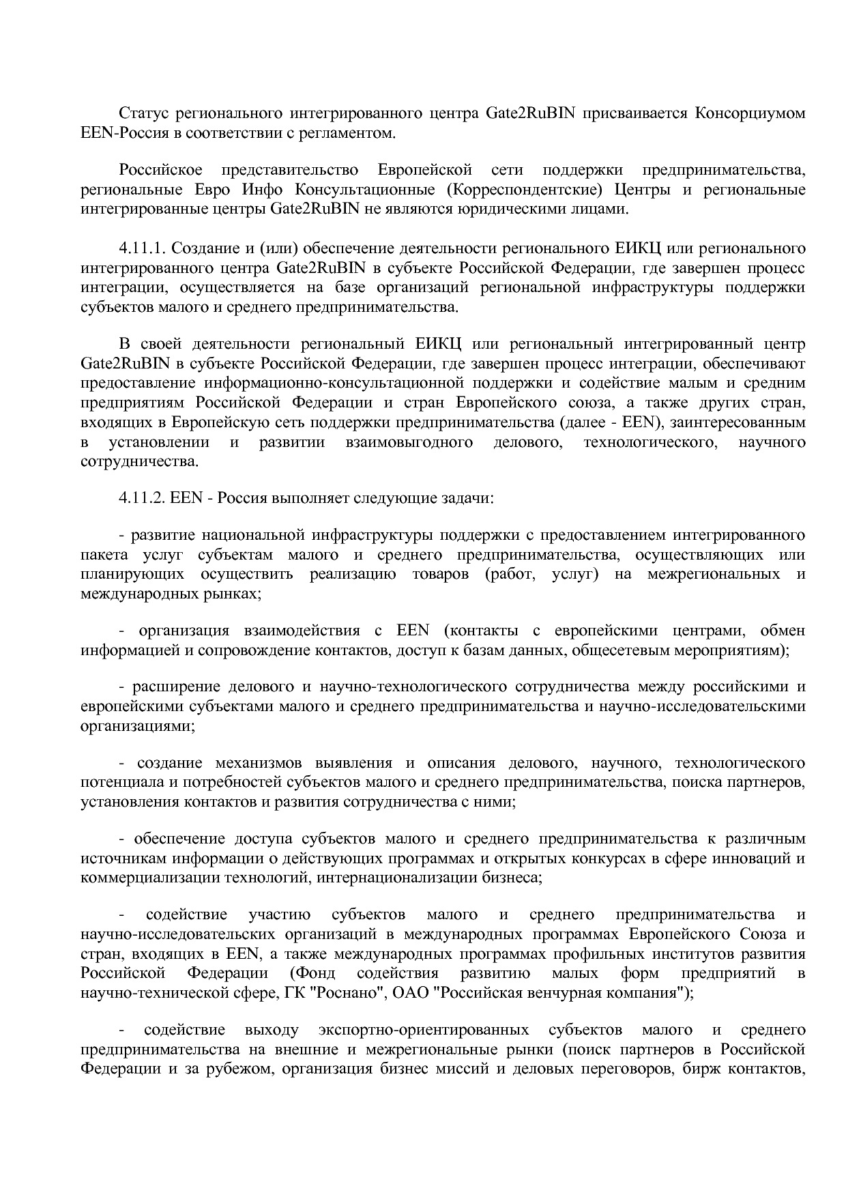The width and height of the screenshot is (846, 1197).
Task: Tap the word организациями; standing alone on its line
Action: (x=138, y=726)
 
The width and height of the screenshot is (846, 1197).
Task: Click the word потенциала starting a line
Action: (x=119, y=782)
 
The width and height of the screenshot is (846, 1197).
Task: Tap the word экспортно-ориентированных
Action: (x=423, y=1029)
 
